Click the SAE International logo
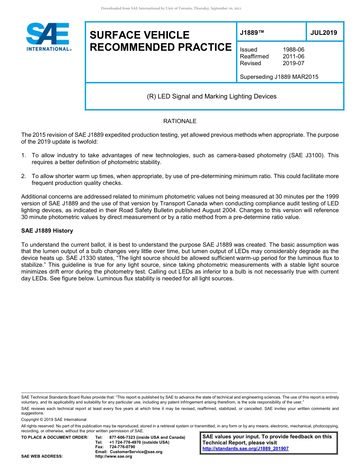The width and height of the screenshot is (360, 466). tap(49, 37)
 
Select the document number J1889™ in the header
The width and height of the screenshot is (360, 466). tap(252, 33)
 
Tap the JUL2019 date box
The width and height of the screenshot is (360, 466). tap(324, 33)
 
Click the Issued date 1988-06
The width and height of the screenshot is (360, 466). tap(293, 50)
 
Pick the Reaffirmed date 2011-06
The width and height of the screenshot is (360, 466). tap(293, 56)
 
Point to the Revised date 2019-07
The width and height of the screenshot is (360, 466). tap(293, 63)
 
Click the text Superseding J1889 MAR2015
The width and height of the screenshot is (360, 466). tap(279, 77)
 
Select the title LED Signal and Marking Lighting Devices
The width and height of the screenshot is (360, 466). tap(212, 96)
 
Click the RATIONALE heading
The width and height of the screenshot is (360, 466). tap(180, 121)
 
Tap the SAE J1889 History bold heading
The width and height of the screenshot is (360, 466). tap(47, 231)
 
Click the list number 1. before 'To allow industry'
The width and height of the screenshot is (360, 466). tap(24, 155)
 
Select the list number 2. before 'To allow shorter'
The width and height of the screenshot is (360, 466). tap(24, 176)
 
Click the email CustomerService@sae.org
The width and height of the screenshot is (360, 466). tap(136, 452)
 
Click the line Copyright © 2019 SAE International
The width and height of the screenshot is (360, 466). tap(54, 419)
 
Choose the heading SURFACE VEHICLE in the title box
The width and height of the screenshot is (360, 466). tap(139, 35)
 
